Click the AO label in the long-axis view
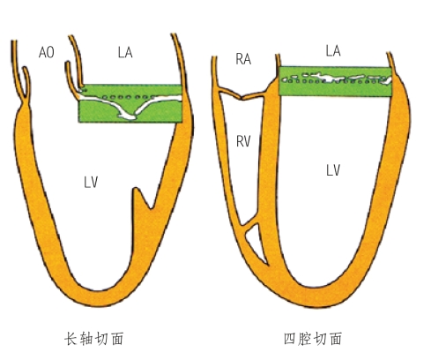click(x=47, y=52)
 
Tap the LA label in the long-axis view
click(x=125, y=52)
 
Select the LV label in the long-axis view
click(x=91, y=183)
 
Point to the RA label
click(x=243, y=59)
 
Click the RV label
click(x=243, y=141)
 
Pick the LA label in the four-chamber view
click(x=333, y=51)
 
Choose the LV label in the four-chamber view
click(x=333, y=170)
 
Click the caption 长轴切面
click(x=94, y=339)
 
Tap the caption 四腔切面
click(x=313, y=339)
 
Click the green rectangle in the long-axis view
click(x=130, y=103)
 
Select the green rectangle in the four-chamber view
click(x=335, y=81)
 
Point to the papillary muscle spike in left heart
click(x=140, y=197)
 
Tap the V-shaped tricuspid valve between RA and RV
click(x=242, y=96)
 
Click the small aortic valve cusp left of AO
click(x=26, y=82)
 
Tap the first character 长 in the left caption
click(x=71, y=339)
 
